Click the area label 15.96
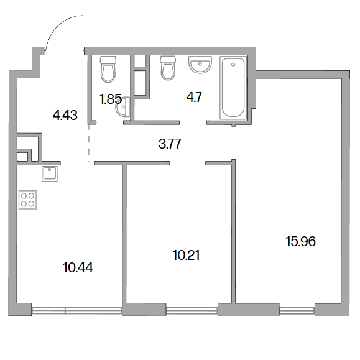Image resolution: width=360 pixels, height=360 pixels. pos(300,241)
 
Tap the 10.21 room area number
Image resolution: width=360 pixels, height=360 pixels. pos(186,255)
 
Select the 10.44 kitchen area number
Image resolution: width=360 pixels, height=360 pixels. pos(78,268)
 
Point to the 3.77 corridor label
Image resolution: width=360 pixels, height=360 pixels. pos(170,144)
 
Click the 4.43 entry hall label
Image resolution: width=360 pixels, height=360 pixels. pos(65,115)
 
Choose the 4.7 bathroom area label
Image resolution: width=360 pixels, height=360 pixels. pos(194,97)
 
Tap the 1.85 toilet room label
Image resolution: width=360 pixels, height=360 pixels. pos(110,99)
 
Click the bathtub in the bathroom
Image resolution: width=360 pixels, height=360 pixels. pos(233,88)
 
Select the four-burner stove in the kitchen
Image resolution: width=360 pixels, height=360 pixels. pos(27,200)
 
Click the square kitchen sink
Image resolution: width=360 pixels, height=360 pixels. pos(50,174)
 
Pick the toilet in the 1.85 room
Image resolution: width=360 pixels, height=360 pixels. pos(108,70)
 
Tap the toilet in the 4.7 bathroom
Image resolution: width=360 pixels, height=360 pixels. pos(168,68)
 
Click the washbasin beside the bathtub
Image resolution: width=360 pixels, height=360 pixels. pos(200,65)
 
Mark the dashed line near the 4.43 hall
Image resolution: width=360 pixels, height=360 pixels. pos(89,143)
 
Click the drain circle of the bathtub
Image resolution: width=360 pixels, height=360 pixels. pos(233,65)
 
